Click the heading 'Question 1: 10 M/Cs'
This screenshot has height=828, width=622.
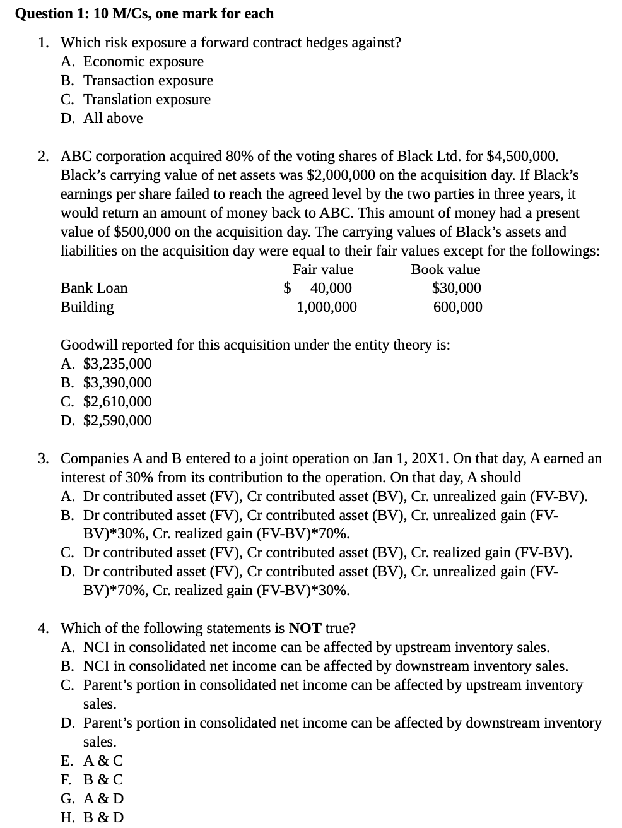click(144, 13)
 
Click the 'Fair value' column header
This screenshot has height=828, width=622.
click(323, 269)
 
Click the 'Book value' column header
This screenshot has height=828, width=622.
click(445, 269)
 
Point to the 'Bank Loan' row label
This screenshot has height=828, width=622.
click(94, 288)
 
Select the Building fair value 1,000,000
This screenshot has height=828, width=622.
click(326, 307)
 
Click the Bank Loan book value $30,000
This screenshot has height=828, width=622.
click(456, 288)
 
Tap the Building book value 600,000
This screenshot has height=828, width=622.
click(457, 307)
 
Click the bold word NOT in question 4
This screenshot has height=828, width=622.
click(305, 628)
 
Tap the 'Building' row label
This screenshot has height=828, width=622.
click(87, 307)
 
